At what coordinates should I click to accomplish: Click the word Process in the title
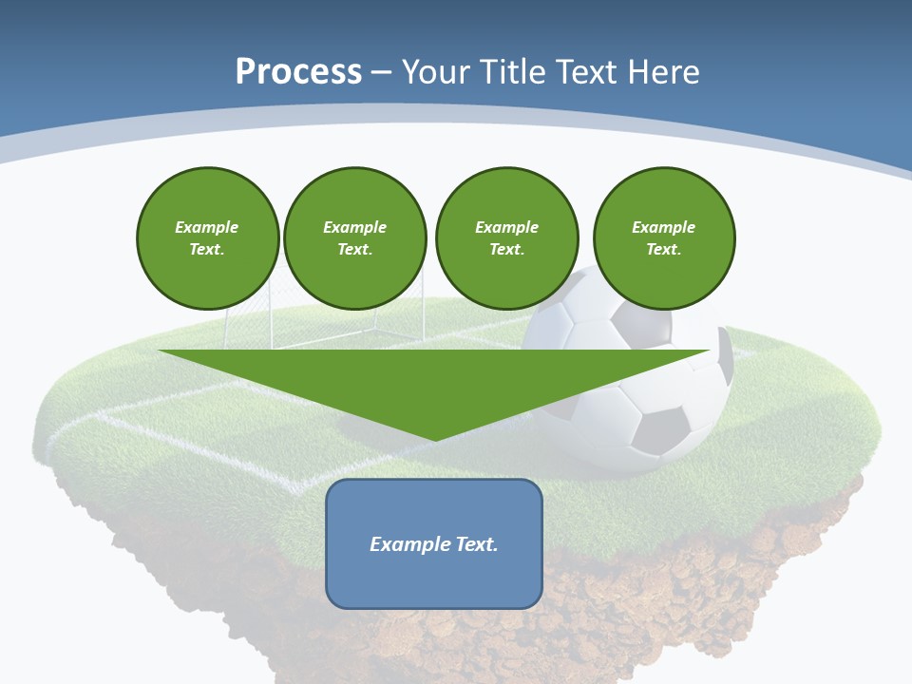tap(298, 72)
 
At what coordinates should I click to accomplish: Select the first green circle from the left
tap(207, 238)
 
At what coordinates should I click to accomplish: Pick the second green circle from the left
tap(354, 238)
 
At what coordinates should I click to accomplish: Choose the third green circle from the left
tap(506, 238)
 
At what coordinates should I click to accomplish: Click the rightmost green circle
tap(663, 238)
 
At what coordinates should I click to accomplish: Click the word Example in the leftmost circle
tap(207, 227)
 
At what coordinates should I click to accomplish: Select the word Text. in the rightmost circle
tap(663, 250)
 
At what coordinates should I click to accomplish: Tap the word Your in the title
tap(436, 72)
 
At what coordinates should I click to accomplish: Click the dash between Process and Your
tap(382, 72)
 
